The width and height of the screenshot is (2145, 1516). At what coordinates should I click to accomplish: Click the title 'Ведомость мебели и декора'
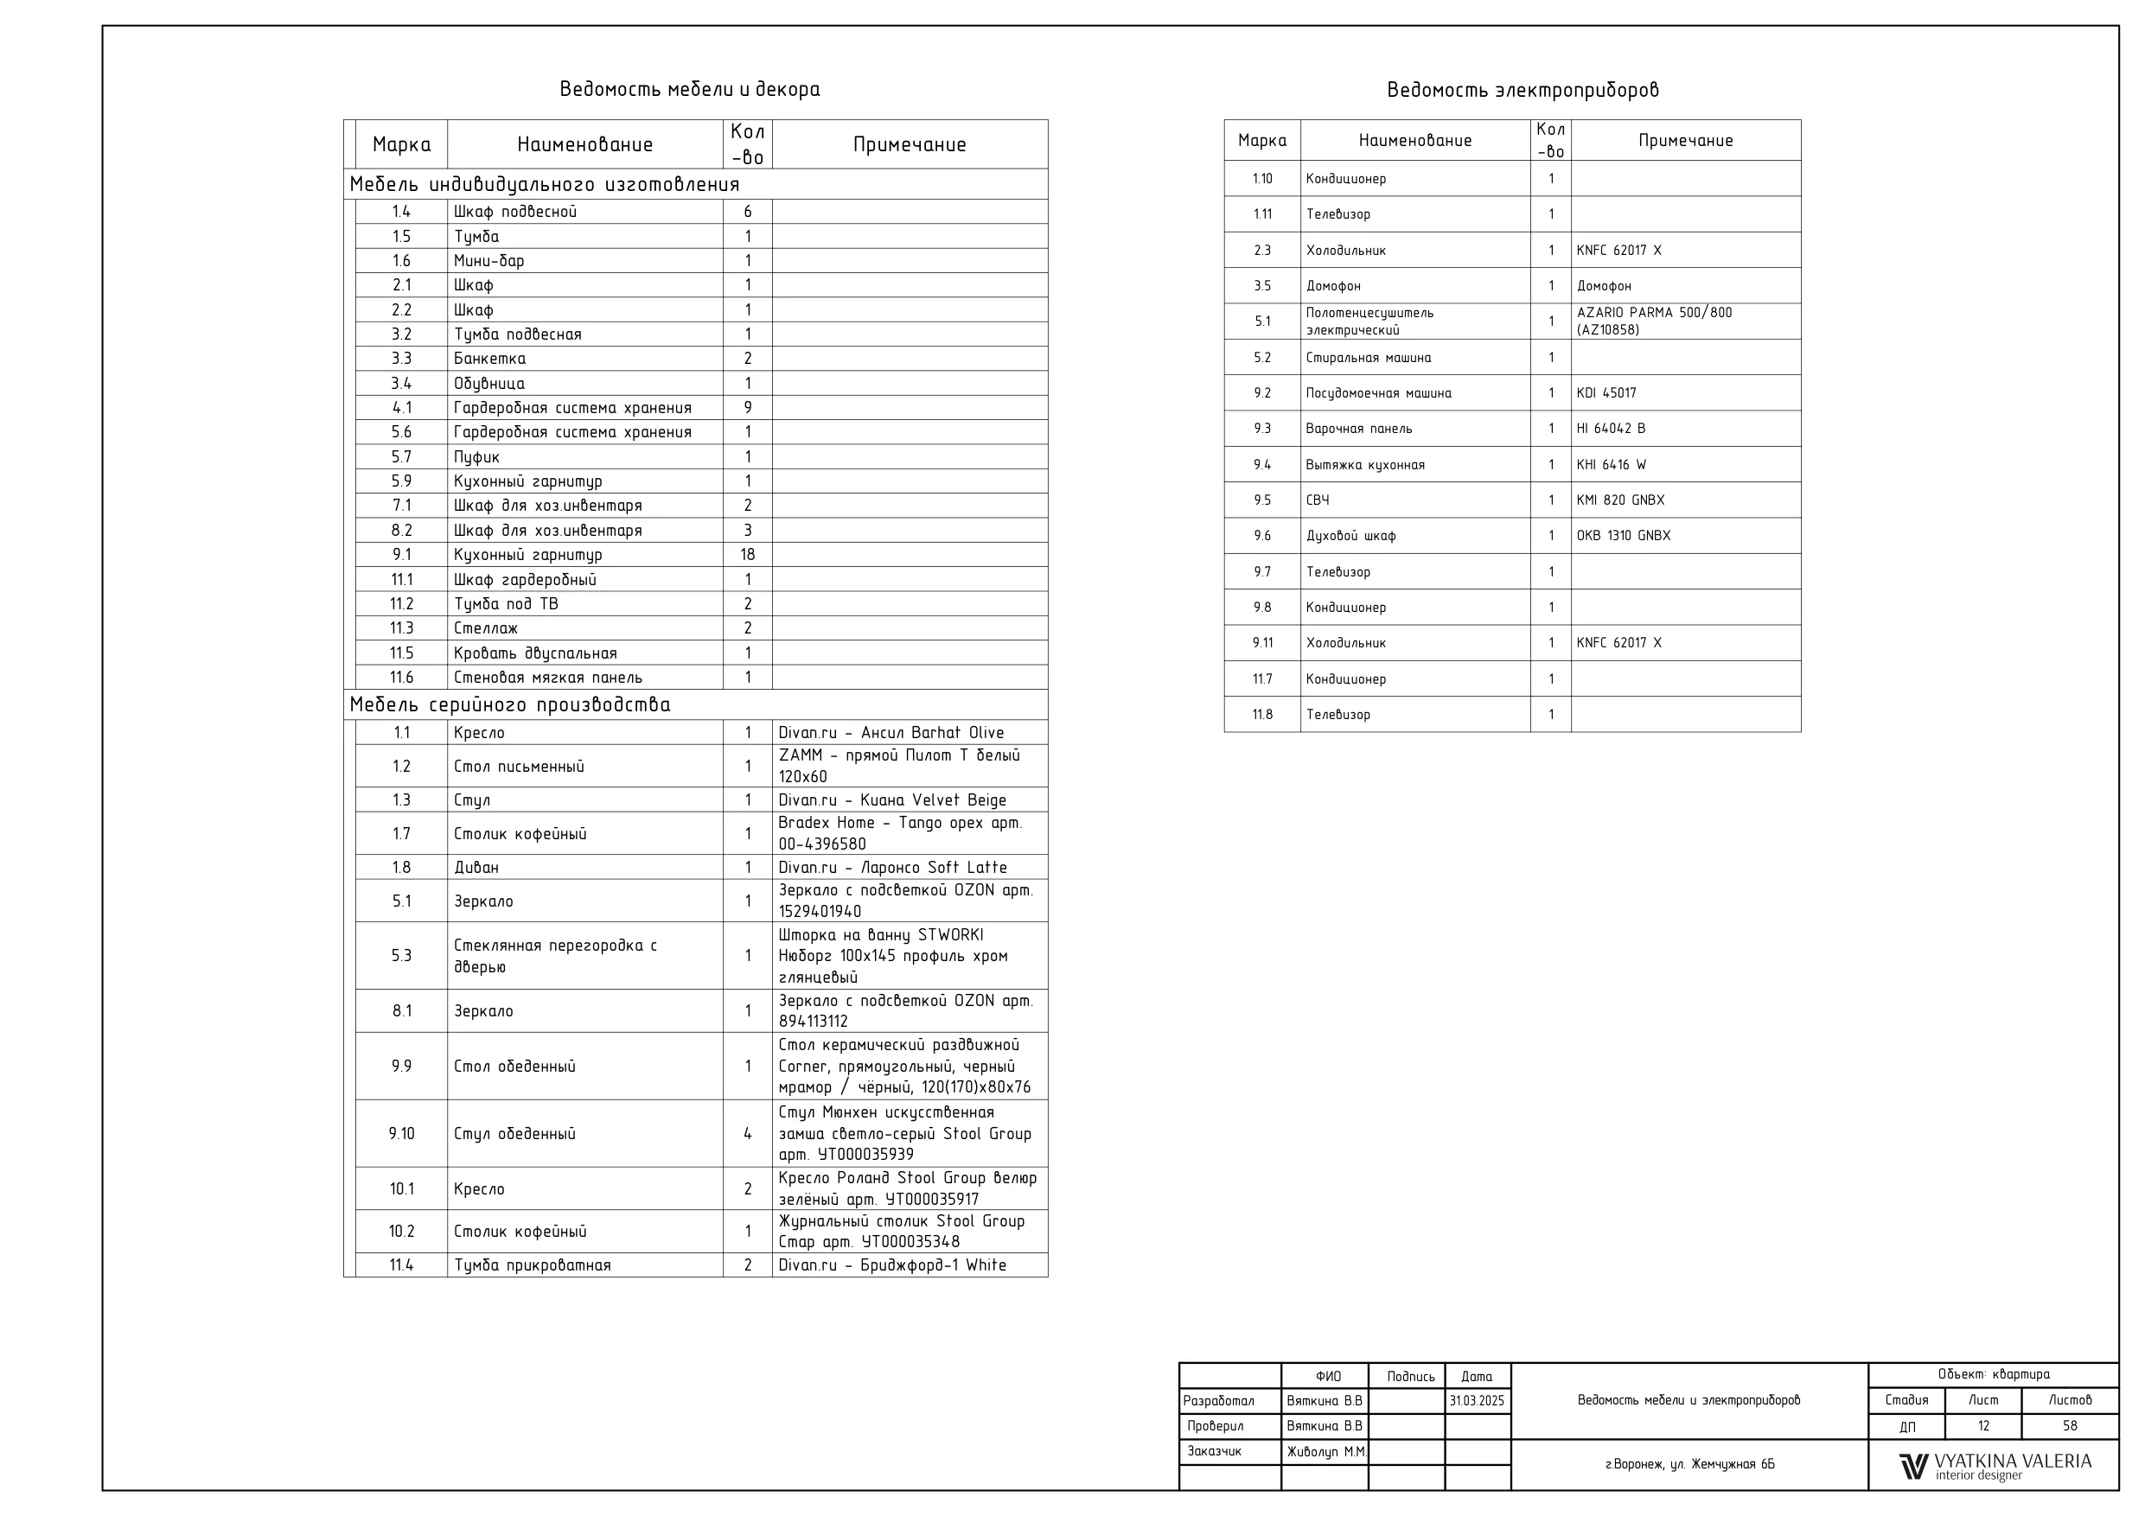[689, 90]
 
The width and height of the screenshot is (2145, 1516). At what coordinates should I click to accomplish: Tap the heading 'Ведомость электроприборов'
[1523, 91]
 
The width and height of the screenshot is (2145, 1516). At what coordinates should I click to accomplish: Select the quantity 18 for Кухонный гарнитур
[747, 555]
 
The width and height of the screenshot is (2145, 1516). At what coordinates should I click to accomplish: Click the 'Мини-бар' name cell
[488, 261]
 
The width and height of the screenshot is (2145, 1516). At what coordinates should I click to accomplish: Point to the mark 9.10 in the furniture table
[402, 1134]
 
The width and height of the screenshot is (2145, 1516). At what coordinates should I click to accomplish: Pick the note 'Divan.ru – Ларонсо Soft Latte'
[892, 868]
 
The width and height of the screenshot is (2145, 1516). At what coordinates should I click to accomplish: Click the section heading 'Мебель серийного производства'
[510, 705]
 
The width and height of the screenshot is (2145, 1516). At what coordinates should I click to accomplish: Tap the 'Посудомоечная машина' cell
[1378, 393]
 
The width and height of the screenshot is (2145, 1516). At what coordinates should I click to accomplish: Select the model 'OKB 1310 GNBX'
[1623, 536]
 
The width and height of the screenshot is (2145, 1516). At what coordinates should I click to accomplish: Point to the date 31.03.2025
[1477, 1401]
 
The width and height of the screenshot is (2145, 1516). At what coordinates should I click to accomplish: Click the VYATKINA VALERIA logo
[1995, 1466]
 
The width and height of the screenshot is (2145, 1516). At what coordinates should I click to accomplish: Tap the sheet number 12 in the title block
[1983, 1426]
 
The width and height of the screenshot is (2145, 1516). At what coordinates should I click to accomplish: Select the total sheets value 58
[2071, 1426]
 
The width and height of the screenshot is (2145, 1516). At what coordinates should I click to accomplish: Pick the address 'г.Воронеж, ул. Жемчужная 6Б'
[1689, 1465]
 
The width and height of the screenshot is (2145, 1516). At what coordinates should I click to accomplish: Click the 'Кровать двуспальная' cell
[535, 654]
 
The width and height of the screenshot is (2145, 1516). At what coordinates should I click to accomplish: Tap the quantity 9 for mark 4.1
[747, 408]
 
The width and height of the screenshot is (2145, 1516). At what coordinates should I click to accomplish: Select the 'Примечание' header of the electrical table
[1685, 141]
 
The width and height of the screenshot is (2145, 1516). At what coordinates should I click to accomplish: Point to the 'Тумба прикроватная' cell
[532, 1265]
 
